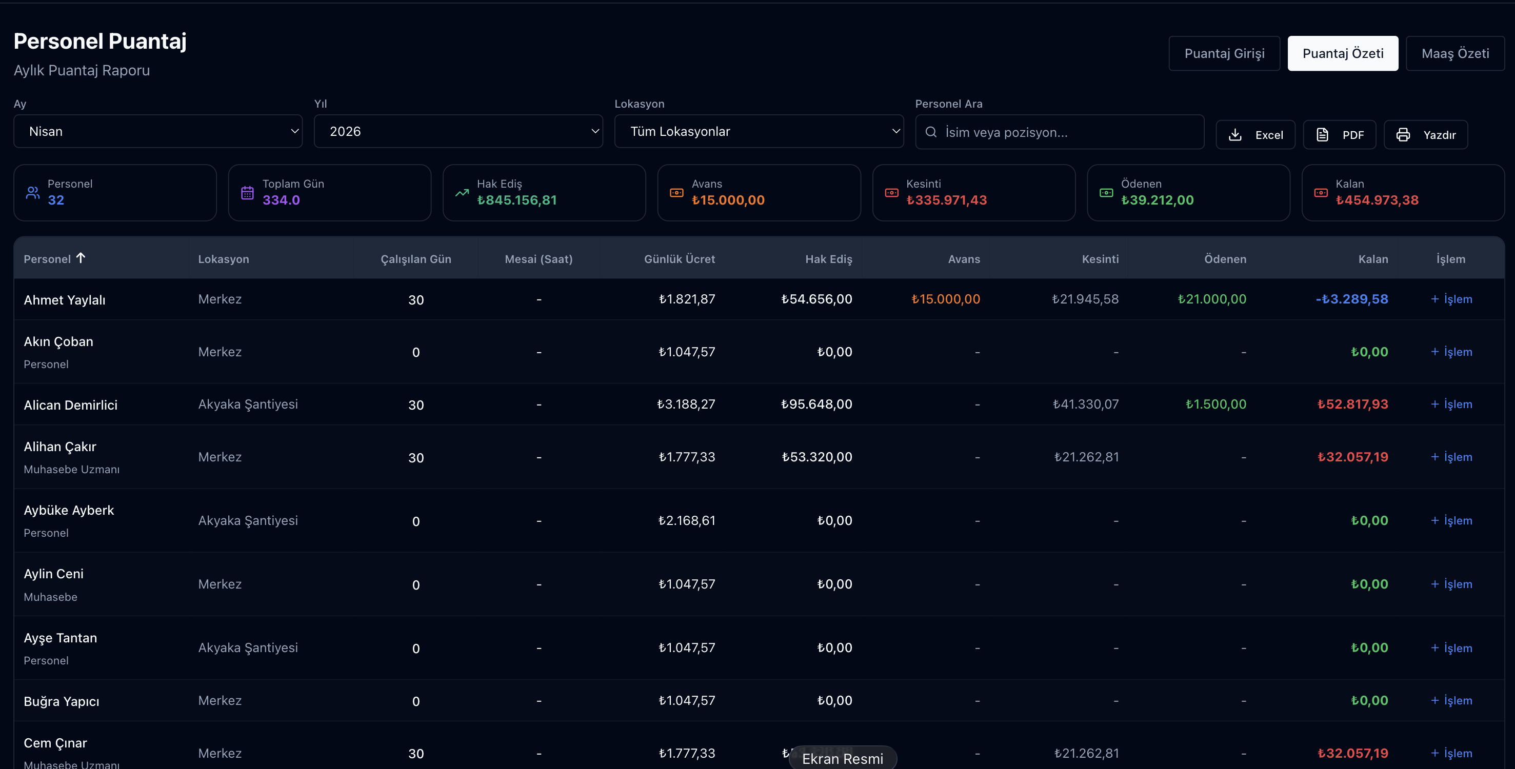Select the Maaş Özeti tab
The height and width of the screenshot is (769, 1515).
click(x=1455, y=53)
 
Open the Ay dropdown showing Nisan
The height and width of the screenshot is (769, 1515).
click(x=157, y=131)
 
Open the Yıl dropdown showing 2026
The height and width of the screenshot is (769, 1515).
click(x=458, y=131)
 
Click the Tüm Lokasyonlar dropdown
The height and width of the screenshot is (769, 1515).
click(x=759, y=131)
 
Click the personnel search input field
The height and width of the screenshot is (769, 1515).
click(x=1059, y=132)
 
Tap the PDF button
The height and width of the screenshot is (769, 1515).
click(x=1339, y=135)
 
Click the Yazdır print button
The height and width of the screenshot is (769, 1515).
click(x=1426, y=135)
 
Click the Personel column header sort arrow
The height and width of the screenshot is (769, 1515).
click(x=81, y=257)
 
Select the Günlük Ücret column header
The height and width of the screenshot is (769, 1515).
click(x=679, y=259)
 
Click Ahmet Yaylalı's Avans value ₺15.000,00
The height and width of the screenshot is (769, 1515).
click(x=946, y=299)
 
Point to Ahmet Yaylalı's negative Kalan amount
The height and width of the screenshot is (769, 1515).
click(x=1351, y=299)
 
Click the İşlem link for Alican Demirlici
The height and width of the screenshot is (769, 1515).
click(x=1451, y=404)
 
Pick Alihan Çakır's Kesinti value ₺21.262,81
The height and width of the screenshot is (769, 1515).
click(x=1086, y=457)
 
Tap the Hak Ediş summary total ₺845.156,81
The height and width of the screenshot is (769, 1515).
click(x=516, y=200)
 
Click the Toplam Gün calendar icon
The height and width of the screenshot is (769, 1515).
click(x=248, y=193)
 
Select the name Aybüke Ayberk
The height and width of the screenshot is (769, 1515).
click(x=69, y=510)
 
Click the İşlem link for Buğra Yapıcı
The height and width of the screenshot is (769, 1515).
click(x=1451, y=700)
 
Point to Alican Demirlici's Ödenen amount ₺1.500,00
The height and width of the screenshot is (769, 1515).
click(x=1215, y=404)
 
